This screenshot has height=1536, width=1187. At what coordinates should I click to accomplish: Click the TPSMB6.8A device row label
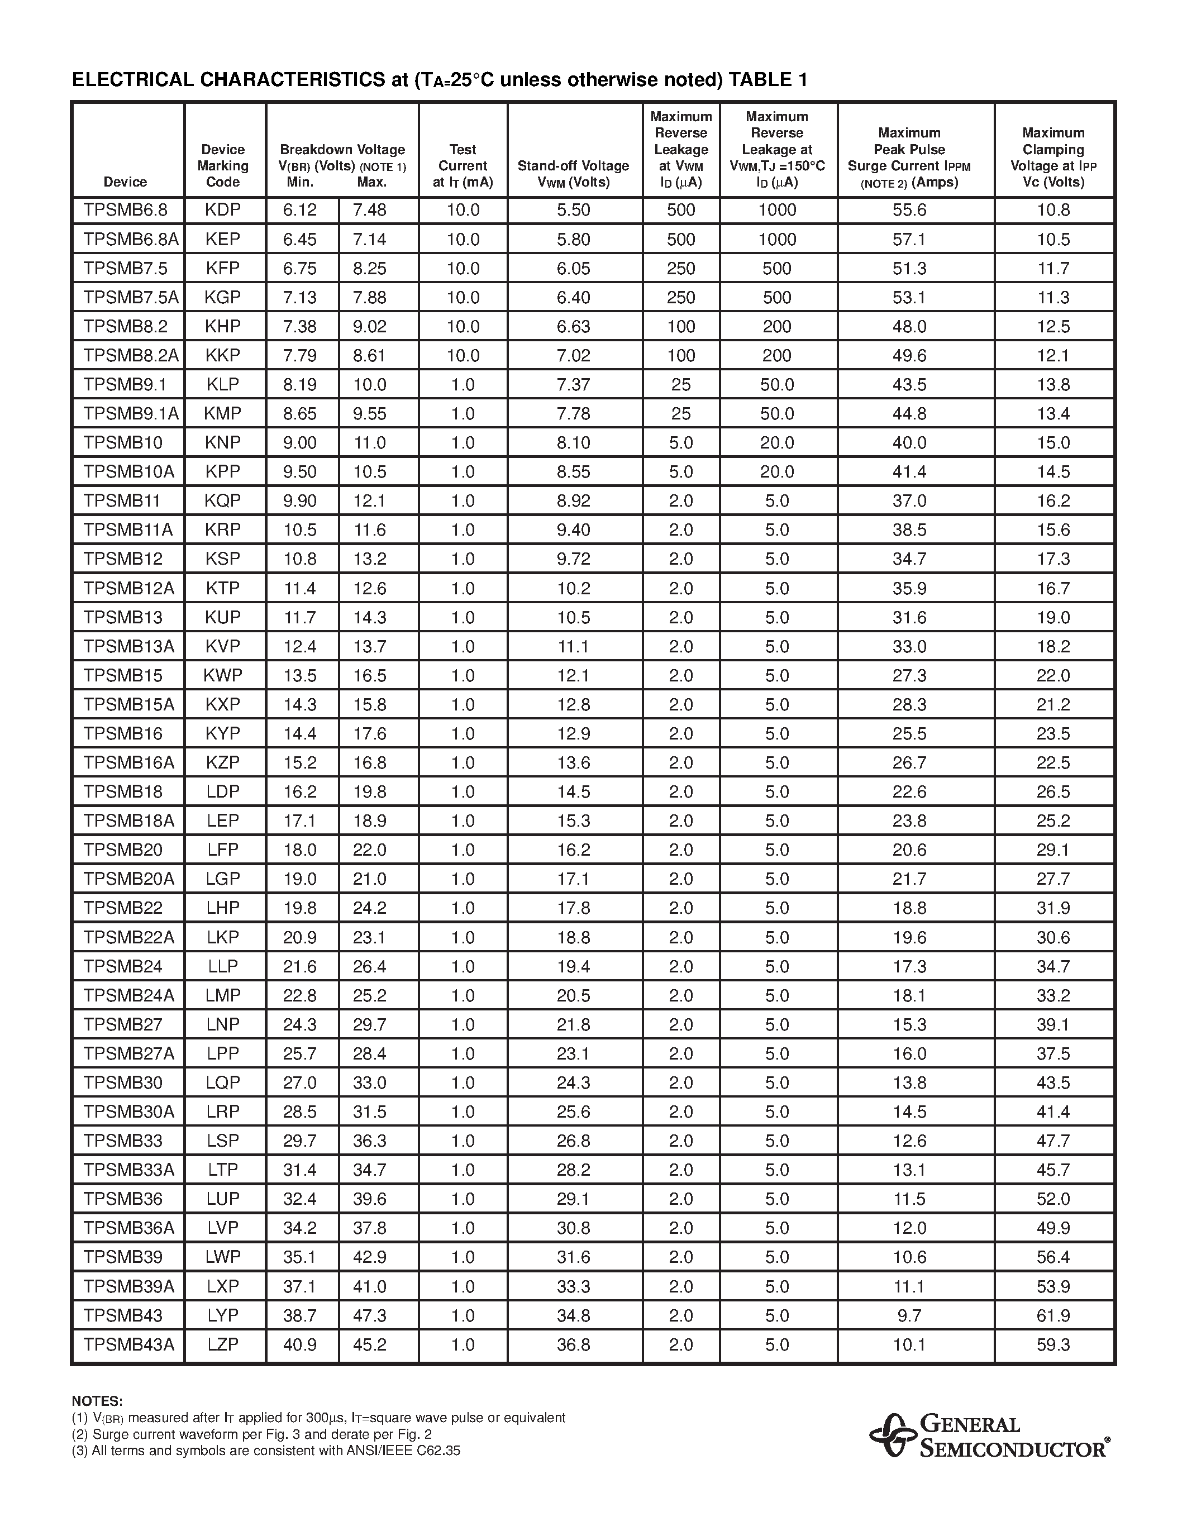coord(130,239)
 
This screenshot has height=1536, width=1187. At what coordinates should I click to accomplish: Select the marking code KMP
coord(223,413)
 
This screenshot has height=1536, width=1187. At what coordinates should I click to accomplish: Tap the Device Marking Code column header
coord(223,166)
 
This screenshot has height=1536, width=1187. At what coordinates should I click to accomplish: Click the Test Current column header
coord(463,166)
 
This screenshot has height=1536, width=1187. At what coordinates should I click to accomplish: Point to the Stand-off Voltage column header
coord(573,174)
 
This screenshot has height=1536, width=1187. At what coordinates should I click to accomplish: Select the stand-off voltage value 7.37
coord(573,385)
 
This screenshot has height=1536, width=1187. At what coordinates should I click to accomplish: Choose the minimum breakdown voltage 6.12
coord(301,210)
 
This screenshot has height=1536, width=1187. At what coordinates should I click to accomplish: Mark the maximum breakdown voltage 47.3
coord(370,1315)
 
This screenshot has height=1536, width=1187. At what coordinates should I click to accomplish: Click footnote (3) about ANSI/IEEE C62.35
coord(266,1450)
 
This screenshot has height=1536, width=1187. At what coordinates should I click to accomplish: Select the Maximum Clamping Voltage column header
coord(1053,158)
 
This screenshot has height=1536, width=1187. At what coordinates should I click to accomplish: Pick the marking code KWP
coord(223,676)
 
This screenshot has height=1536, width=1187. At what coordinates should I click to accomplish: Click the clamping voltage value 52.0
coord(1053,1199)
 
